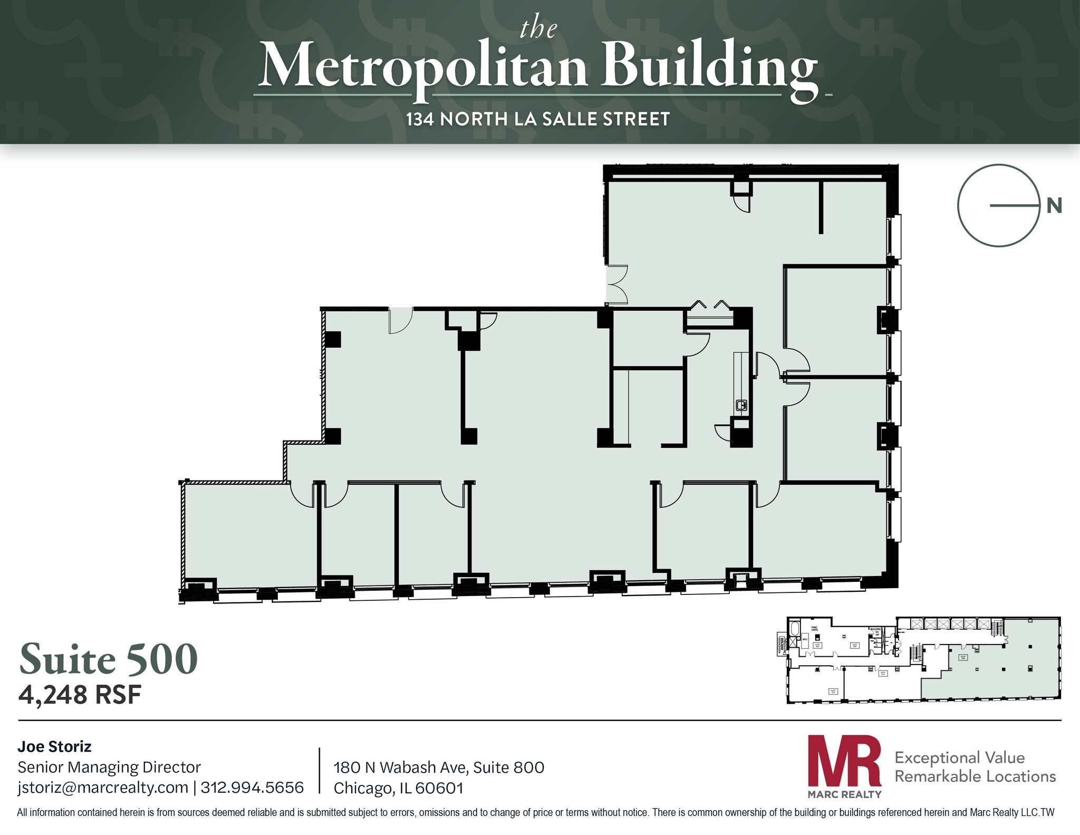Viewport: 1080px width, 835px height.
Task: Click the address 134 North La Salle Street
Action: pyautogui.click(x=538, y=119)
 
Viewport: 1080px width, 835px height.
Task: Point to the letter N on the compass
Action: pyautogui.click(x=1054, y=206)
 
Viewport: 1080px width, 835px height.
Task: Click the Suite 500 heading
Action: pyautogui.click(x=109, y=659)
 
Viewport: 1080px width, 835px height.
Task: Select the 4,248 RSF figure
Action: pyautogui.click(x=80, y=695)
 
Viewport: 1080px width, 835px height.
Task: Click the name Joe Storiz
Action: pyautogui.click(x=54, y=746)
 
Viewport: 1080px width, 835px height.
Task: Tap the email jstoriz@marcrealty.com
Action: pyautogui.click(x=103, y=787)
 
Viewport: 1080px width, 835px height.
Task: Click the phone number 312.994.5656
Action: pyautogui.click(x=252, y=787)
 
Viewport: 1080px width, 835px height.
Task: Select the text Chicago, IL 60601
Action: pyautogui.click(x=398, y=788)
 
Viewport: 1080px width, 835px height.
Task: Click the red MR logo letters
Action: pyautogui.click(x=844, y=761)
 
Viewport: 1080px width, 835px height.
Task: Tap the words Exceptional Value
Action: pyautogui.click(x=959, y=757)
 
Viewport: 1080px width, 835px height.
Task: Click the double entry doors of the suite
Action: pyautogui.click(x=615, y=285)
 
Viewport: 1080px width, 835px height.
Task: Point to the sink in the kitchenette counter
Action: pyautogui.click(x=741, y=405)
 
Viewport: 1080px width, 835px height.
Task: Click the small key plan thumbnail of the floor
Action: pyautogui.click(x=923, y=659)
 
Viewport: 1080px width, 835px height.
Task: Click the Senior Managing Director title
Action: pyautogui.click(x=109, y=767)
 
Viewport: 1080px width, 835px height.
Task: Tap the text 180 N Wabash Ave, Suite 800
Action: pyautogui.click(x=439, y=767)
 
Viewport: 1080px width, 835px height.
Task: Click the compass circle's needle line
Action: pyautogui.click(x=1014, y=205)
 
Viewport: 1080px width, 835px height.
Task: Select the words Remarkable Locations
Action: pyautogui.click(x=975, y=776)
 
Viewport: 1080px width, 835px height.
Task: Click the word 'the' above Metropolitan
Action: pyautogui.click(x=538, y=28)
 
